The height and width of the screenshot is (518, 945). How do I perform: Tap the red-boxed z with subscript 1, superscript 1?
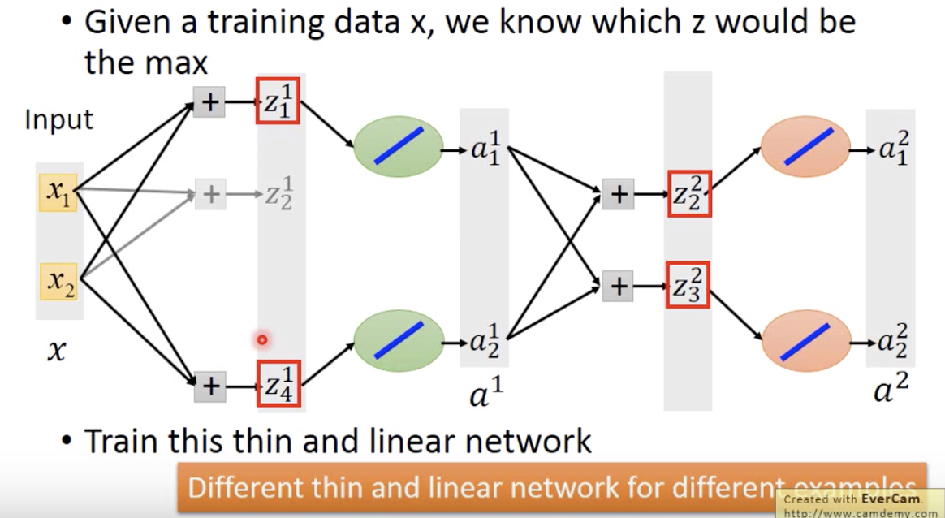pyautogui.click(x=278, y=101)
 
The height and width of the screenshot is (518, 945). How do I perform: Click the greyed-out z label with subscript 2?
pyautogui.click(x=278, y=196)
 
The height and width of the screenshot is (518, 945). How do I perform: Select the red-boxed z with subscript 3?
pyautogui.click(x=688, y=285)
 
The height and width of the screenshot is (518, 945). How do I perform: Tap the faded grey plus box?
pyautogui.click(x=211, y=195)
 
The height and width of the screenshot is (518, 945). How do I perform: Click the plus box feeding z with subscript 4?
pyautogui.click(x=210, y=386)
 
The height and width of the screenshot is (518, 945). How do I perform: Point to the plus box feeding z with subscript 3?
pyautogui.click(x=618, y=286)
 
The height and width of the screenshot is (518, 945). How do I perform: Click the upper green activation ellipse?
pyautogui.click(x=399, y=147)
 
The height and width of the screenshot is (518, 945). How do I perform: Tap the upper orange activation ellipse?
pyautogui.click(x=805, y=146)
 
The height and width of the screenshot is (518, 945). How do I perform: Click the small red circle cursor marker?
pyautogui.click(x=261, y=340)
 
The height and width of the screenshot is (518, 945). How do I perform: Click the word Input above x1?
pyautogui.click(x=58, y=120)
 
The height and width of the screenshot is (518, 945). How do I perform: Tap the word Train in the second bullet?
pyautogui.click(x=122, y=442)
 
